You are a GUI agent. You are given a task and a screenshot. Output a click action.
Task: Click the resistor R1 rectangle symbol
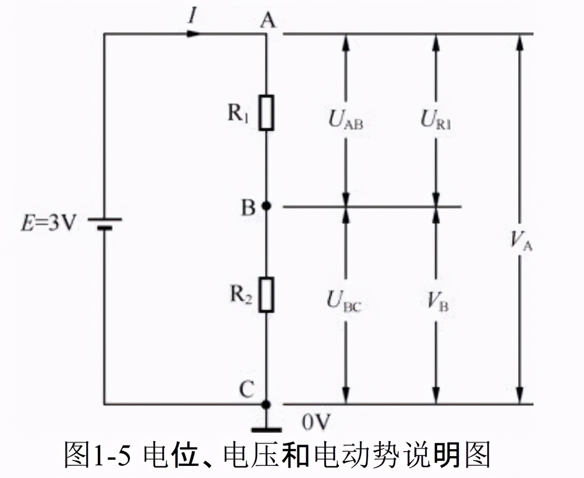(266, 113)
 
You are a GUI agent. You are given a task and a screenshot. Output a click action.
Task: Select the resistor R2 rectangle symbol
(266, 294)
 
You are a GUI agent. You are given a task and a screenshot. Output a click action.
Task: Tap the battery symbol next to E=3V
(104, 223)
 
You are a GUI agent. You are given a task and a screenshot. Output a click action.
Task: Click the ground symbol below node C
(266, 428)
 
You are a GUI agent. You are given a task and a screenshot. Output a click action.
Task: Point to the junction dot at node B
(266, 206)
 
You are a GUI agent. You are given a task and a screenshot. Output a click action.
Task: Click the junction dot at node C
(266, 404)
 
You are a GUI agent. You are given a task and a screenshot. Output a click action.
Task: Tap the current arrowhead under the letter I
(193, 34)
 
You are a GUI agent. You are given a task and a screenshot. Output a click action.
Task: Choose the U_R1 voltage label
(436, 120)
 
